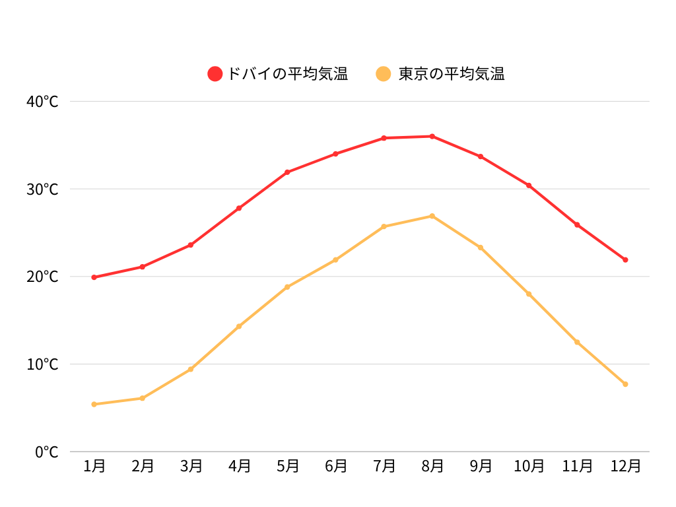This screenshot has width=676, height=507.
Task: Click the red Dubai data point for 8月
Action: click(432, 137)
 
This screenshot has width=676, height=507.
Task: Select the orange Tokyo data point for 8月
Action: click(432, 216)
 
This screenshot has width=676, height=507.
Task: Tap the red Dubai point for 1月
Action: click(94, 277)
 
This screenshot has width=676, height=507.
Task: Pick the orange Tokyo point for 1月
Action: click(94, 404)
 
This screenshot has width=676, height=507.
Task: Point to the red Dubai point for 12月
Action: click(625, 259)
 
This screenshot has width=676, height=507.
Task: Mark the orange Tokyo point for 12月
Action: click(625, 384)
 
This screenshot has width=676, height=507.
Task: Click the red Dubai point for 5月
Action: click(287, 172)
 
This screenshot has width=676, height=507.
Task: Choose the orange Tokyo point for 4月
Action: click(239, 326)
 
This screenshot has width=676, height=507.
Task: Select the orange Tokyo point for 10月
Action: click(529, 294)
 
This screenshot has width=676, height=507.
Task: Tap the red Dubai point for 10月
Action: click(529, 186)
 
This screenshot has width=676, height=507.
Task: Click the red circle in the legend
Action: click(215, 74)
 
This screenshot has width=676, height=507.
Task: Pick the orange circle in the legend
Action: click(384, 74)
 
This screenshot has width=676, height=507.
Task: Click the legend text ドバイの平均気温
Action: click(287, 74)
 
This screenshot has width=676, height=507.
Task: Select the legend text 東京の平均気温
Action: click(452, 74)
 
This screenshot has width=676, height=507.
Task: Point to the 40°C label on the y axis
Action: click(43, 102)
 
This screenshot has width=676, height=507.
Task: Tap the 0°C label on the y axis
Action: click(47, 452)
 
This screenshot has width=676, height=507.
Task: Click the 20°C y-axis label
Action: click(43, 277)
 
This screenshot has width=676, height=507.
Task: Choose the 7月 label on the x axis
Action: click(384, 466)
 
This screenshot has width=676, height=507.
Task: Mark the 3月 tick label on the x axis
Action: click(191, 466)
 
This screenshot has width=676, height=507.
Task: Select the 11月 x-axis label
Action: click(577, 466)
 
